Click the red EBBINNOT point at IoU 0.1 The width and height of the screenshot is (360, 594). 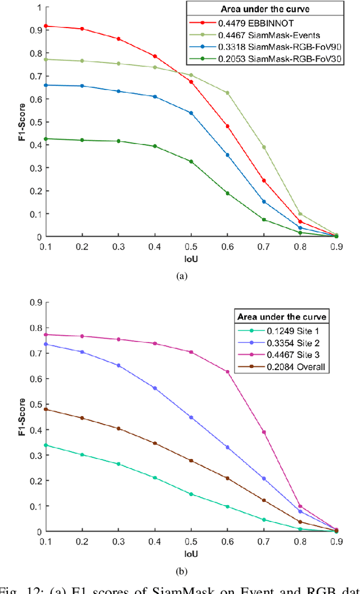click(x=47, y=26)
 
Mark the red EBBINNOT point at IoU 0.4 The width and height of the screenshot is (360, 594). click(x=155, y=56)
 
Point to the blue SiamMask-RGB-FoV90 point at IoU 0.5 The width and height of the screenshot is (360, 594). click(x=191, y=113)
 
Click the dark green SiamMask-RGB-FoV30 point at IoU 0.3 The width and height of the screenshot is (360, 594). click(x=119, y=141)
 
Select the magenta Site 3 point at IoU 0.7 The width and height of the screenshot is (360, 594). click(x=264, y=432)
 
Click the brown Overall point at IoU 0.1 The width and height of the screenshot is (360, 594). click(x=47, y=409)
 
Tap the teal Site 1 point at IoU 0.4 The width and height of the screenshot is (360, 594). click(x=155, y=478)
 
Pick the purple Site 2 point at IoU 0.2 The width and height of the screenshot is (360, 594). click(x=83, y=352)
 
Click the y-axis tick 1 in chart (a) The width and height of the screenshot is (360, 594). click(x=37, y=8)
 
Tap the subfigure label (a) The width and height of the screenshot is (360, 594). click(x=181, y=276)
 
